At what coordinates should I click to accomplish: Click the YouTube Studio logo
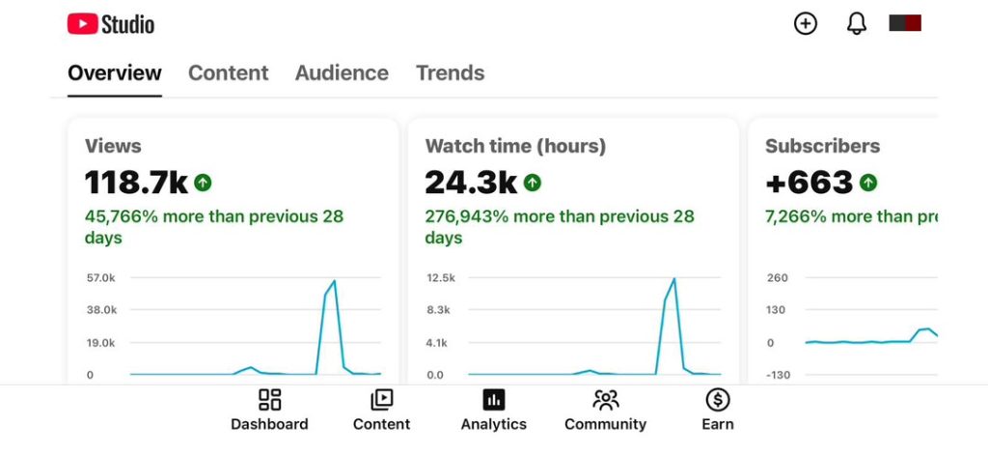(111, 24)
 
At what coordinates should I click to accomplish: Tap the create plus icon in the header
(806, 24)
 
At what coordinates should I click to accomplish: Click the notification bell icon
(857, 24)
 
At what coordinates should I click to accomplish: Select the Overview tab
(115, 73)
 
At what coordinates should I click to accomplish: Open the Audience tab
(342, 73)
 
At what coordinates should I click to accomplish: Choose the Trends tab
(450, 73)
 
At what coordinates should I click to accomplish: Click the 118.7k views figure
(136, 183)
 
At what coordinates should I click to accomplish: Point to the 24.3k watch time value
(471, 183)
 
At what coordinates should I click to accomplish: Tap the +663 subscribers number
(810, 183)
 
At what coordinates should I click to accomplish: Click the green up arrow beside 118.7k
(203, 183)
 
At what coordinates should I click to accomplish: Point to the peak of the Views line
(334, 281)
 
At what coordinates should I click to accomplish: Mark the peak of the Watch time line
(674, 279)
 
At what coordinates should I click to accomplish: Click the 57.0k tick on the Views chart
(100, 278)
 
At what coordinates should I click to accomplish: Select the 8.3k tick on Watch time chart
(439, 310)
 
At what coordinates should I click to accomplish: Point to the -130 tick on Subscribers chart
(777, 375)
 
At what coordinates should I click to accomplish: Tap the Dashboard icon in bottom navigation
(270, 400)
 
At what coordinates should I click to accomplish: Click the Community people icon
(606, 400)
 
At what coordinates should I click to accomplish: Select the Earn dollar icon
(718, 400)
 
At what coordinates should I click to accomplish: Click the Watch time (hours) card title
(515, 146)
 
